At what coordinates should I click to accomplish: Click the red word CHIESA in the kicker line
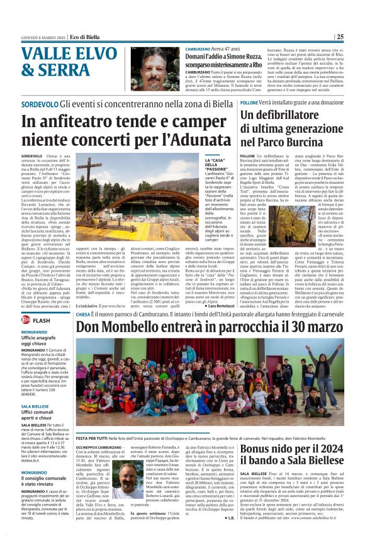point(84,313)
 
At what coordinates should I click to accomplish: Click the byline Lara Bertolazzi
point(218,305)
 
